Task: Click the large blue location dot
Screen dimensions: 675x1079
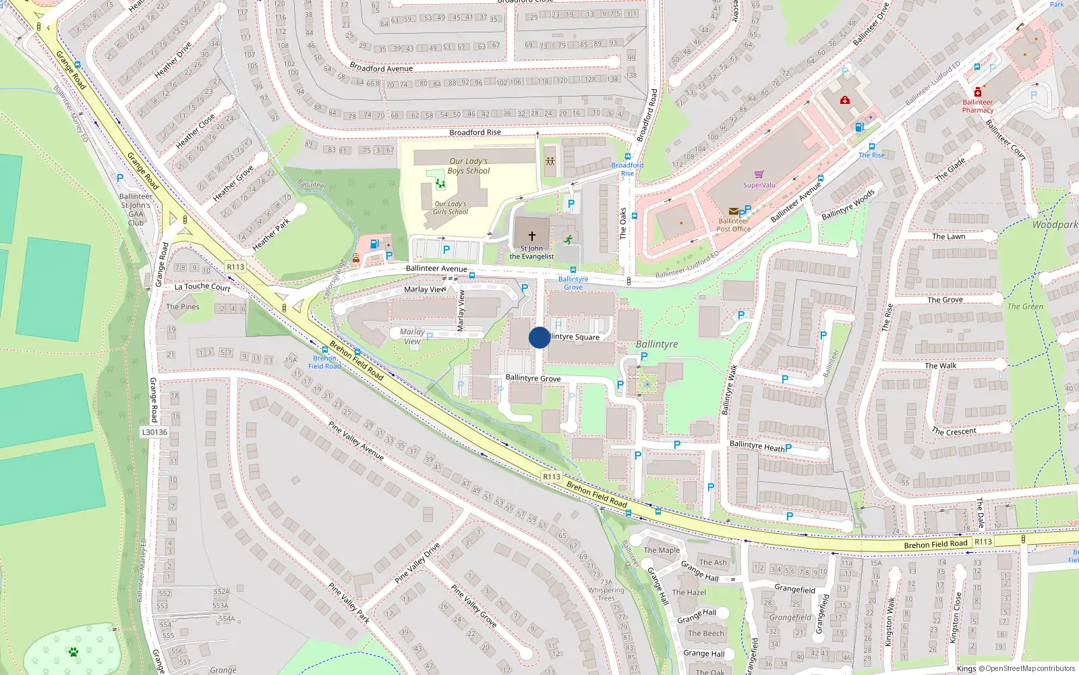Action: pos(539,337)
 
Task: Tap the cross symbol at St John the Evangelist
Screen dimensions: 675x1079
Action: pos(532,236)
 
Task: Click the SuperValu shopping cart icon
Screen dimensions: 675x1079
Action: pos(759,175)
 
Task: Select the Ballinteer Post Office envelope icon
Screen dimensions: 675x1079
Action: pos(733,211)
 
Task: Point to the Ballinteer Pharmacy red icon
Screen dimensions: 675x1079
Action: pos(978,92)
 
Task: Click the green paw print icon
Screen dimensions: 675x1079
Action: pos(73,652)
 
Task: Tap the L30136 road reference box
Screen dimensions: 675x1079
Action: pos(154,432)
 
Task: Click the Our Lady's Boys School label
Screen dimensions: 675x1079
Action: pos(469,166)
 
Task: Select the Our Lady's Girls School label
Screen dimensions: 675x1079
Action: pos(450,208)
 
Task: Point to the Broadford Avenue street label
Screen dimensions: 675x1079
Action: pos(381,68)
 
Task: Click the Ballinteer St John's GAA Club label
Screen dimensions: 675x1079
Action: pos(136,209)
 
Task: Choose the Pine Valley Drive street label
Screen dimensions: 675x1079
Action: pos(417,563)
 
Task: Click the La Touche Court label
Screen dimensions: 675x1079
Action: pos(202,287)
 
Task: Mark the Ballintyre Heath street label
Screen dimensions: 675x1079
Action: pos(757,446)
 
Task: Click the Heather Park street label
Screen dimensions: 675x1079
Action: pos(271,234)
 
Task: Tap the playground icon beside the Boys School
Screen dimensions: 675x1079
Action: pos(551,162)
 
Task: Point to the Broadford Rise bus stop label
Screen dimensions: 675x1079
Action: pos(627,169)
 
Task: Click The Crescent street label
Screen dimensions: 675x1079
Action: pos(954,431)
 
